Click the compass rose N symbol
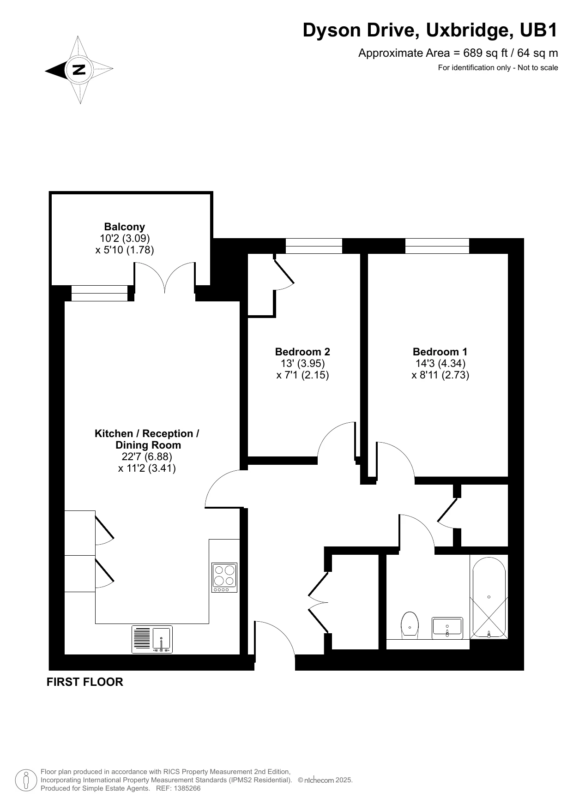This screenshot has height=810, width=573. [x=79, y=70]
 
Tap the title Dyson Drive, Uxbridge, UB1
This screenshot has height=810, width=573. [x=430, y=30]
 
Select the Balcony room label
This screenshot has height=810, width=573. [x=125, y=227]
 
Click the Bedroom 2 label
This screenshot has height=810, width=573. [x=302, y=351]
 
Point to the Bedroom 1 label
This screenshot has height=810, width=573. [x=440, y=351]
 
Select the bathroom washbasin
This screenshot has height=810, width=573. [x=447, y=628]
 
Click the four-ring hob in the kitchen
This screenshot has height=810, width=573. [x=224, y=577]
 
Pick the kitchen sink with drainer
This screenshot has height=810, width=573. [x=152, y=639]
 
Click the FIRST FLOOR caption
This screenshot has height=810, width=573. [x=85, y=682]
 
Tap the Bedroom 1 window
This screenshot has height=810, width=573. [x=437, y=246]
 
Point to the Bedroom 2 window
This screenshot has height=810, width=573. [x=314, y=246]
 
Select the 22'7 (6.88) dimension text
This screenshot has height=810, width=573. [x=147, y=456]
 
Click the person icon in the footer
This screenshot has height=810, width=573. [x=26, y=780]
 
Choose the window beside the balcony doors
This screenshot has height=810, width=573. [x=99, y=294]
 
